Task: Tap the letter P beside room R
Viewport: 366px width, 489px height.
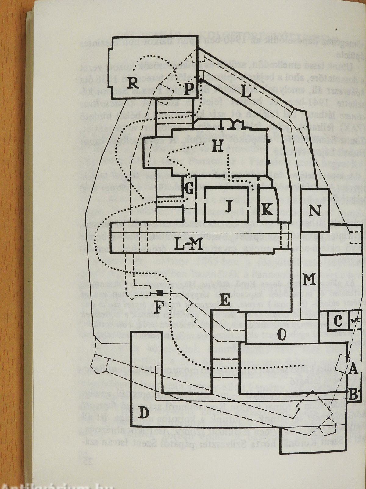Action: coord(189,89)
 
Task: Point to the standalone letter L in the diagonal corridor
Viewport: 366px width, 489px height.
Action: coord(246,91)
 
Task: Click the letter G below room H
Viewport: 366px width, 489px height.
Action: coord(189,190)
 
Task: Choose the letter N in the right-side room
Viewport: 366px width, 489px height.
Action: coord(315,211)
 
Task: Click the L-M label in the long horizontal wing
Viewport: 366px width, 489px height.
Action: coord(189,237)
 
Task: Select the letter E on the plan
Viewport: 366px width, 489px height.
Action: coord(225,301)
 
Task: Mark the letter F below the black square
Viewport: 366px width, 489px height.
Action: coord(157,307)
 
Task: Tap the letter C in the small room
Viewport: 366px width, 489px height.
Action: coord(338,321)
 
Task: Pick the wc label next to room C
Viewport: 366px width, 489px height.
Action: coord(354,321)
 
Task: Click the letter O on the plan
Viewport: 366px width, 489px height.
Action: coord(282,335)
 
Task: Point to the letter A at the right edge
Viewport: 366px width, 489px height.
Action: coord(353,370)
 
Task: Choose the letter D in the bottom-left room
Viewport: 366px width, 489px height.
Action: coord(143,414)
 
